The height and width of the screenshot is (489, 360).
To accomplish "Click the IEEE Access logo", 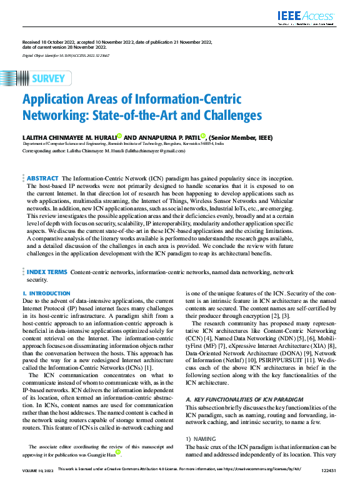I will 307,17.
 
